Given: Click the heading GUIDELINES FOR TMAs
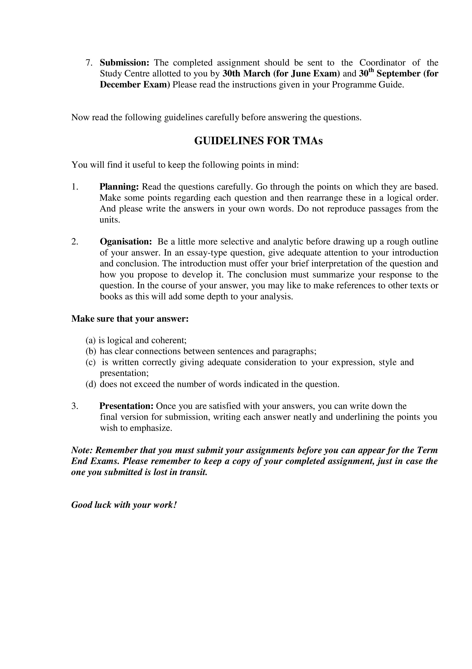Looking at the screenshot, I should coord(258,141).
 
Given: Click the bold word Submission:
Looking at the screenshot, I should coord(125,63).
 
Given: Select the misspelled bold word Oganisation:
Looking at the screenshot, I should coord(126,242).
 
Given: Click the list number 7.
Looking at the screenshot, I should coord(89,63).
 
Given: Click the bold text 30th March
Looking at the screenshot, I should coord(246,74).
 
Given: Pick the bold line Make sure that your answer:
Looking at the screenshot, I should coord(130,319).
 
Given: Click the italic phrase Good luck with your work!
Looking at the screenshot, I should coord(124,505).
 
